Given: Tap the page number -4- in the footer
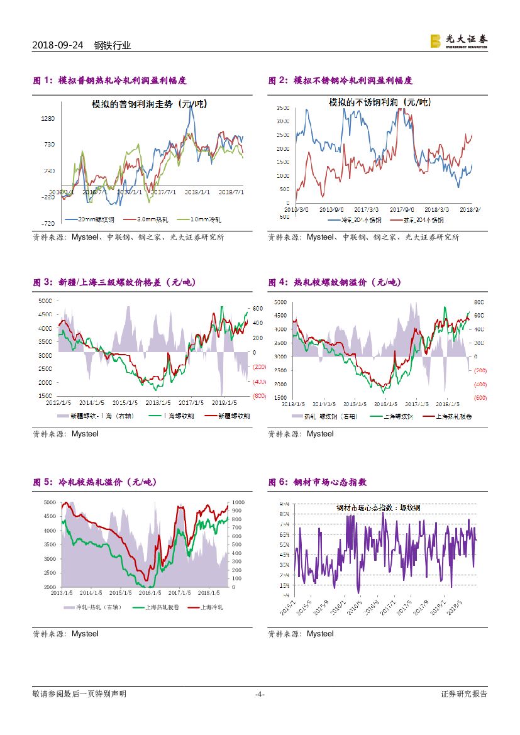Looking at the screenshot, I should pyautogui.click(x=260, y=694).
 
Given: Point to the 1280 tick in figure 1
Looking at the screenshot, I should pyautogui.click(x=48, y=118).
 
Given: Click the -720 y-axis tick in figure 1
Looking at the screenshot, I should pyautogui.click(x=48, y=223).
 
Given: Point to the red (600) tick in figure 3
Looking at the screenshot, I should pyautogui.click(x=260, y=396).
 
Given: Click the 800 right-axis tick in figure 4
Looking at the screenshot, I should pyautogui.click(x=478, y=302).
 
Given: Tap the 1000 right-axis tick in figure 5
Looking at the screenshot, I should pyautogui.click(x=240, y=502).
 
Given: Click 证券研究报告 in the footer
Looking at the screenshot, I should pyautogui.click(x=464, y=694).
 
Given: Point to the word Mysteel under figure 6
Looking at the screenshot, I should pyautogui.click(x=321, y=634).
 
